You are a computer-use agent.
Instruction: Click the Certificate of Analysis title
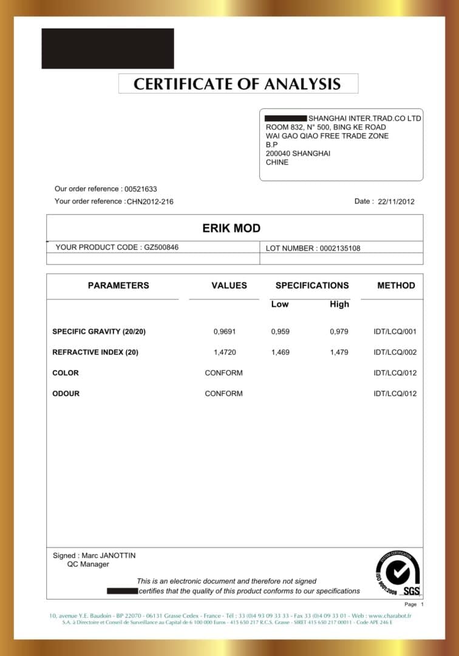(237, 84)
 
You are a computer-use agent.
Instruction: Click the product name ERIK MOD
(231, 228)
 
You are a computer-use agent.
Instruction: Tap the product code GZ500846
(161, 247)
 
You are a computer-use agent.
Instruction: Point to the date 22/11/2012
(396, 202)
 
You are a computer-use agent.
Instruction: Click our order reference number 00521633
(140, 189)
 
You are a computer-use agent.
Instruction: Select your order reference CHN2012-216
(150, 202)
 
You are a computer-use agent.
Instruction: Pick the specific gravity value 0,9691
(224, 332)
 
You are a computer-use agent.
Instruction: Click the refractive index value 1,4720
(224, 352)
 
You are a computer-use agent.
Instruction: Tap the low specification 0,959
(280, 332)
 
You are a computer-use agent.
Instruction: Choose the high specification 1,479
(339, 352)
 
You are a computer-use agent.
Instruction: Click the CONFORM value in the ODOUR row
(223, 394)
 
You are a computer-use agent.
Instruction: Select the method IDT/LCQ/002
(395, 352)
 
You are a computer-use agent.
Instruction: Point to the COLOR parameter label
(66, 373)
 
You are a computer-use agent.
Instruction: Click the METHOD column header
(396, 285)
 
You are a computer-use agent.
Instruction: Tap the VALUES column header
(229, 285)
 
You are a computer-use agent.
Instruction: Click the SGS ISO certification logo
(398, 574)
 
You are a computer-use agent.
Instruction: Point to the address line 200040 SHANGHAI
(298, 154)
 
